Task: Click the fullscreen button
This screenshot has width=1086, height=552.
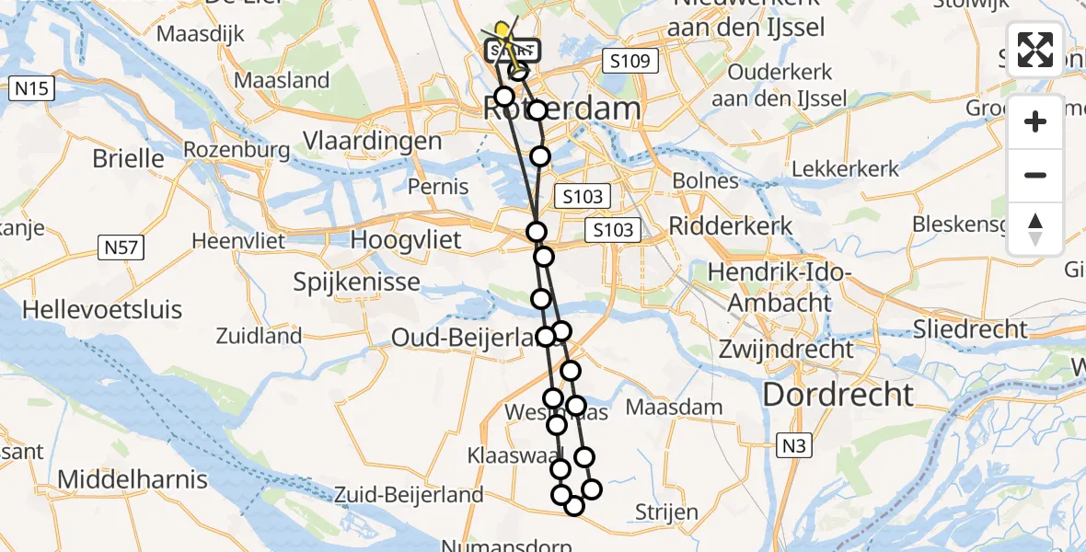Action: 1035,50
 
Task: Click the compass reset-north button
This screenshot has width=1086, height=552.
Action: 1035,228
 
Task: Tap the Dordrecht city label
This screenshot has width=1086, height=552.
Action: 838,395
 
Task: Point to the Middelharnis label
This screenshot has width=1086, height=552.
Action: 133,479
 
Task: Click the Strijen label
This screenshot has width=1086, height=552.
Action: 666,512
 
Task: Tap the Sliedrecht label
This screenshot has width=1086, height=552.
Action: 970,328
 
